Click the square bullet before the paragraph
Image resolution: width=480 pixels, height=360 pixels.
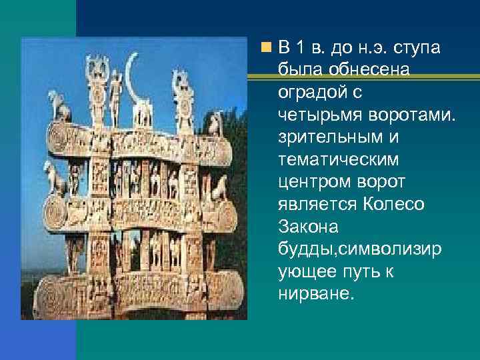click(x=266, y=48)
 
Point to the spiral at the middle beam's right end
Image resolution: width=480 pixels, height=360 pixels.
click(x=223, y=215)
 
